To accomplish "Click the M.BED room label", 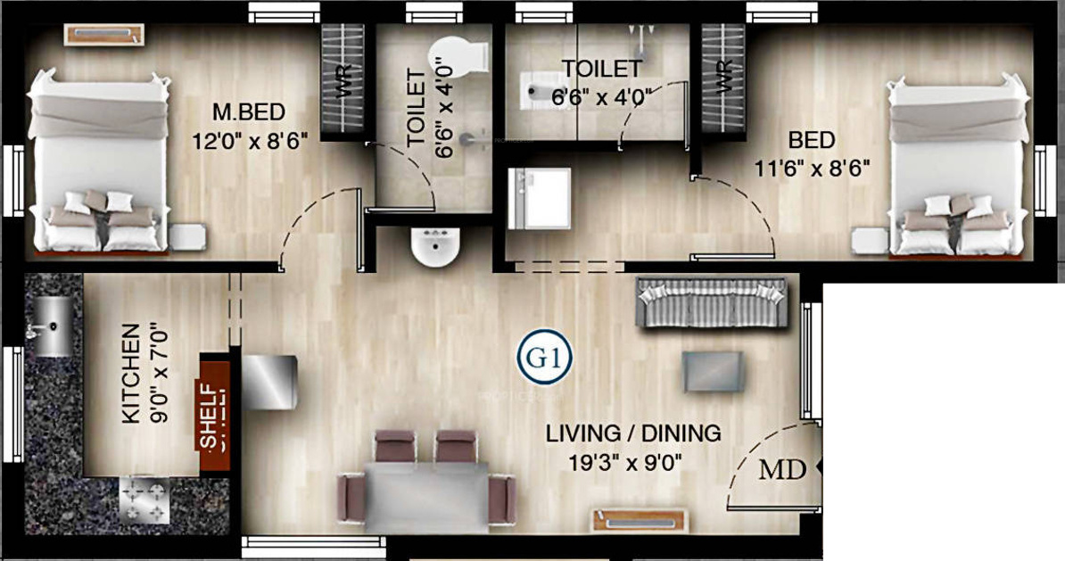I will click(x=249, y=113).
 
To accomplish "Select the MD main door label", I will click(x=782, y=470).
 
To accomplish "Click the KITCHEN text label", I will click(x=130, y=375).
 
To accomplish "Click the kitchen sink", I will click(x=54, y=326).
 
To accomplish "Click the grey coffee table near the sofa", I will click(x=713, y=371).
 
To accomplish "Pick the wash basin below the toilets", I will click(x=435, y=247).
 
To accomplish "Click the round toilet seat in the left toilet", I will click(x=458, y=55).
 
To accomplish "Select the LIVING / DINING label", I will click(x=633, y=434).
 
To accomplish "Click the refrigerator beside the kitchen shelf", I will click(x=269, y=382).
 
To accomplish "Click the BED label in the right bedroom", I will click(x=811, y=140).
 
